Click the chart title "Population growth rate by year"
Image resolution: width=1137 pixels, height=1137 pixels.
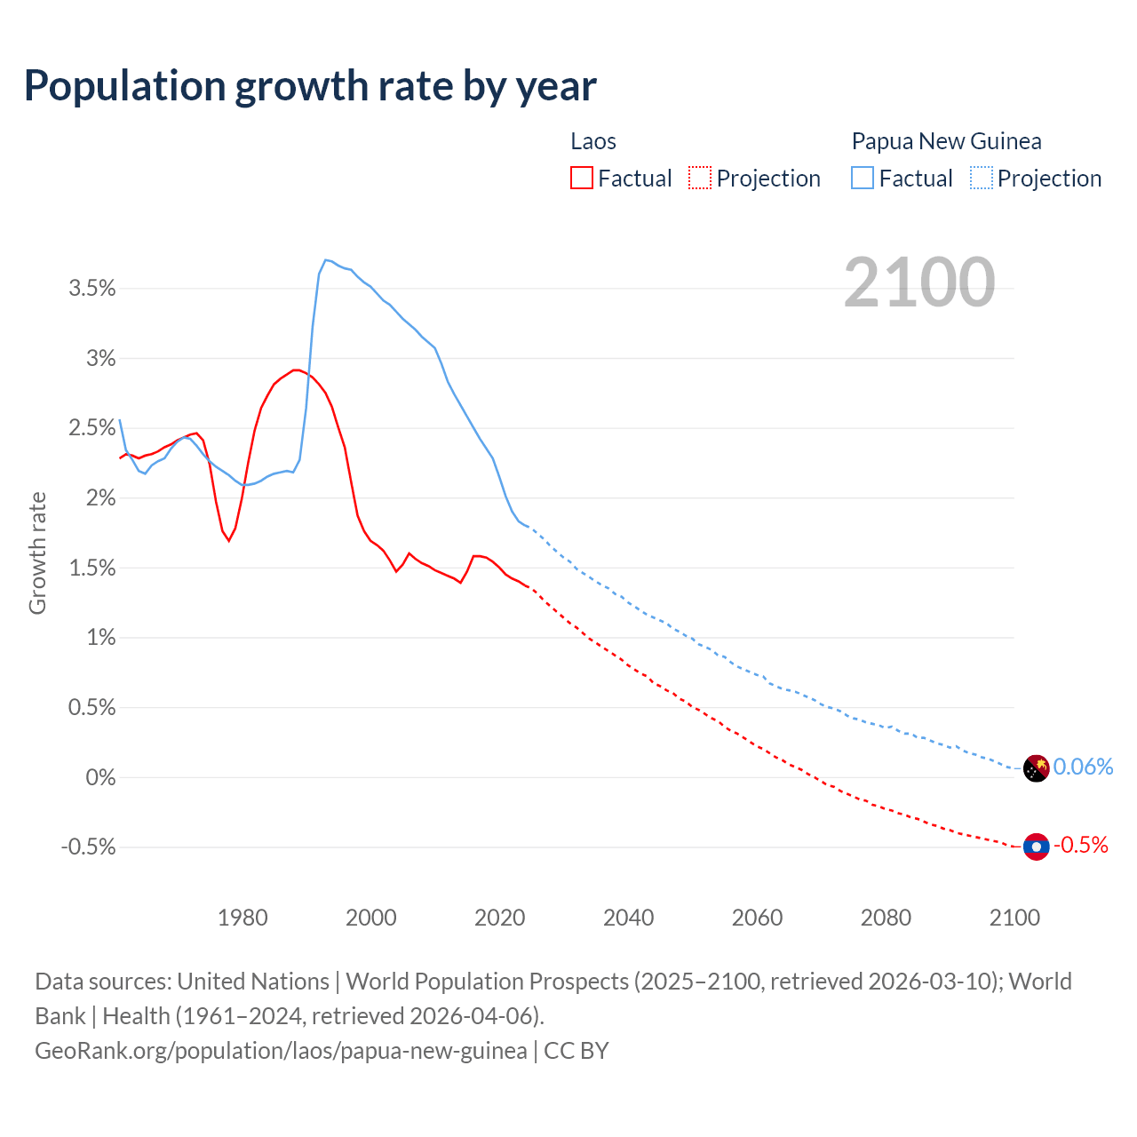310,86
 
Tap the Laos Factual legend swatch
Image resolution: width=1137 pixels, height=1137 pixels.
582,178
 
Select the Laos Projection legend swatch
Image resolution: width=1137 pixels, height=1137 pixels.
700,178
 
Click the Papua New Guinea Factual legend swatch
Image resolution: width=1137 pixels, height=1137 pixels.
863,178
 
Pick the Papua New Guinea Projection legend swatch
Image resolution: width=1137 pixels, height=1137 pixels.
981,178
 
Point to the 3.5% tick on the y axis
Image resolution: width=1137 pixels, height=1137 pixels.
92,288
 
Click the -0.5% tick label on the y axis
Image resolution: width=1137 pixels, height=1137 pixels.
89,847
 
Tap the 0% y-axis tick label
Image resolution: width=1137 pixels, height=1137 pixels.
100,777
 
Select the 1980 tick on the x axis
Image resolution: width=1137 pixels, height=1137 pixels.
243,918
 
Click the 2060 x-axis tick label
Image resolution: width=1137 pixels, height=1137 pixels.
757,918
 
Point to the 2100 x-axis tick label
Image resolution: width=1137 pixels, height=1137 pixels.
1014,918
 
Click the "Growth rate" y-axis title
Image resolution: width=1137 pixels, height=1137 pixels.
37,553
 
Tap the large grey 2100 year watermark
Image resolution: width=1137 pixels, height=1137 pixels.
919,282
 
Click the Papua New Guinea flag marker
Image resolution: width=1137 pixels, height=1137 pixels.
1037,768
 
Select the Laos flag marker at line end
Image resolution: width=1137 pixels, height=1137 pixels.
1037,847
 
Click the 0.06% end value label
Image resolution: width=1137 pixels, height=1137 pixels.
1083,767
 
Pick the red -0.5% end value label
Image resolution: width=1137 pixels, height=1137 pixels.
1080,845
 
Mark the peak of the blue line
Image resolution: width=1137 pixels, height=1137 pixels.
326,259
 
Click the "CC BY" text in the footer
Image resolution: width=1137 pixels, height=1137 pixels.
576,1050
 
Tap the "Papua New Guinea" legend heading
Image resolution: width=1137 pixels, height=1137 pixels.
946,141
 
